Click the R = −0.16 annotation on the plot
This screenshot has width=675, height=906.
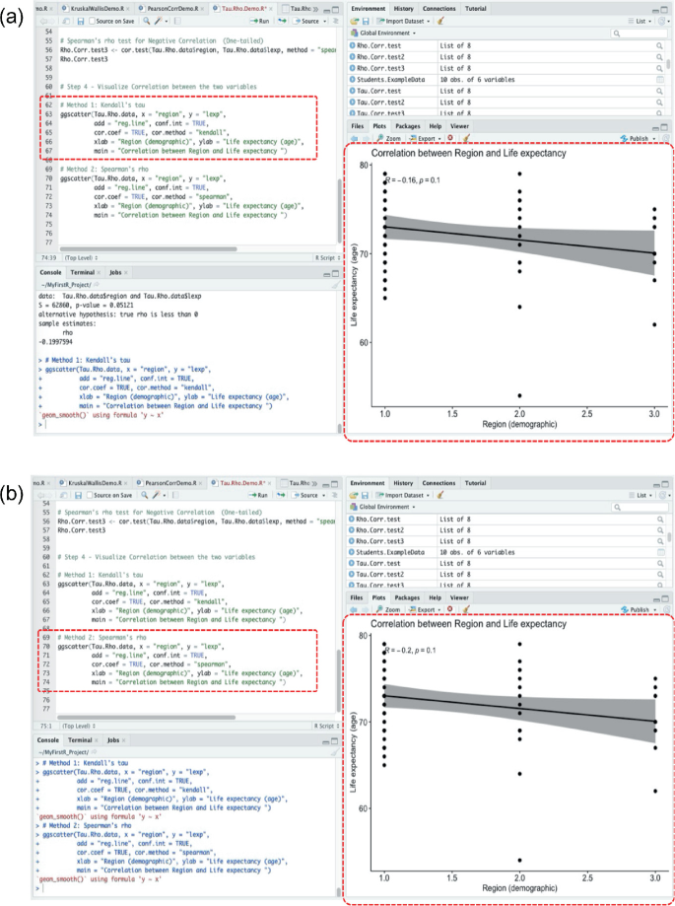[x=414, y=180]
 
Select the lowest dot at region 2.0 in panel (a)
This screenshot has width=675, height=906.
[x=518, y=395]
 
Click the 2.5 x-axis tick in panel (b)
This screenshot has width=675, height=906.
[x=587, y=876]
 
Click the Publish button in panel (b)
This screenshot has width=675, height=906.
[x=641, y=609]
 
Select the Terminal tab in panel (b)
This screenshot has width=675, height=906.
[x=82, y=739]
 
